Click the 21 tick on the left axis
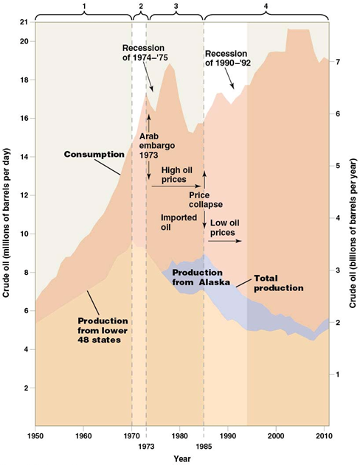click(26, 23)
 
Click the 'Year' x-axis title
click(180, 458)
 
